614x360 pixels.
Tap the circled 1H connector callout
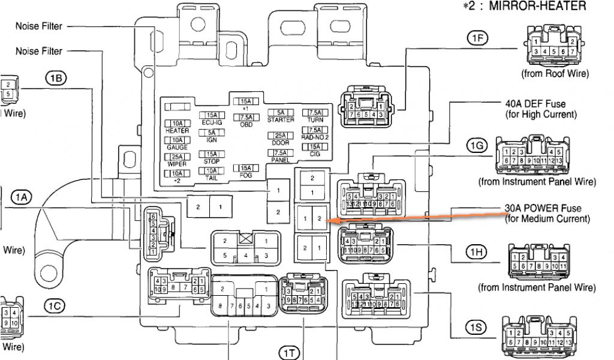click(477, 251)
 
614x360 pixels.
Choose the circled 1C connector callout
click(55, 305)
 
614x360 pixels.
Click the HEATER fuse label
click(177, 130)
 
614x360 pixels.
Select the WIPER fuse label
click(177, 164)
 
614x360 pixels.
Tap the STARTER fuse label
click(281, 119)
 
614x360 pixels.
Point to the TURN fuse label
click(315, 119)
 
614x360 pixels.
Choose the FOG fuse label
click(245, 175)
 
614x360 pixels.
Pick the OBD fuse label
click(245, 125)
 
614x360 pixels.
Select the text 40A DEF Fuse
click(536, 104)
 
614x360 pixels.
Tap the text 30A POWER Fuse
click(543, 208)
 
